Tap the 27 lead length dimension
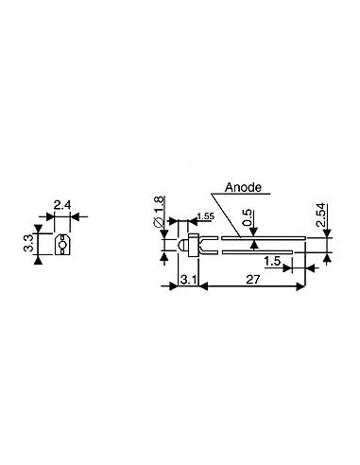(x=252, y=279)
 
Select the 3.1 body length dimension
(x=187, y=279)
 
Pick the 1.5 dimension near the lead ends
(x=271, y=260)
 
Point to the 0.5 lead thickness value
(x=247, y=218)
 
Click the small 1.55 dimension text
(x=204, y=217)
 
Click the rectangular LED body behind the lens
(x=190, y=247)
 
